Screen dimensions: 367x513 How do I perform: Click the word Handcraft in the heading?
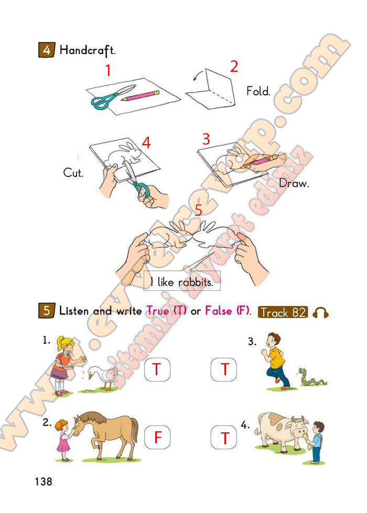tap(88, 50)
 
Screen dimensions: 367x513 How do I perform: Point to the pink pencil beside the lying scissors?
tap(141, 95)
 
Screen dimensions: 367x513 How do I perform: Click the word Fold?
tap(258, 91)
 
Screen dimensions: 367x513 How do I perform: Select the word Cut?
tap(73, 172)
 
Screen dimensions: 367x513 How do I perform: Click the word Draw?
tap(294, 183)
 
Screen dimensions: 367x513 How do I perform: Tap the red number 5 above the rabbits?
tap(198, 210)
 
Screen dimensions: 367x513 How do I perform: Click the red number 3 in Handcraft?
tap(206, 139)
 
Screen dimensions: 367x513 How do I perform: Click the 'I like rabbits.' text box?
tap(182, 281)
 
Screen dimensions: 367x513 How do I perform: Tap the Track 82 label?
tap(283, 312)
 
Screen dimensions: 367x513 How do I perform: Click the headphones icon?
tap(320, 313)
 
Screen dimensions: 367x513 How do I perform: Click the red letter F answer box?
tap(157, 437)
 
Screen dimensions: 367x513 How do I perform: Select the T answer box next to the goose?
tap(157, 369)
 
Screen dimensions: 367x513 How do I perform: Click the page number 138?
tap(43, 482)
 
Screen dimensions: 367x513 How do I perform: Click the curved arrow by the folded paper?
tap(198, 75)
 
